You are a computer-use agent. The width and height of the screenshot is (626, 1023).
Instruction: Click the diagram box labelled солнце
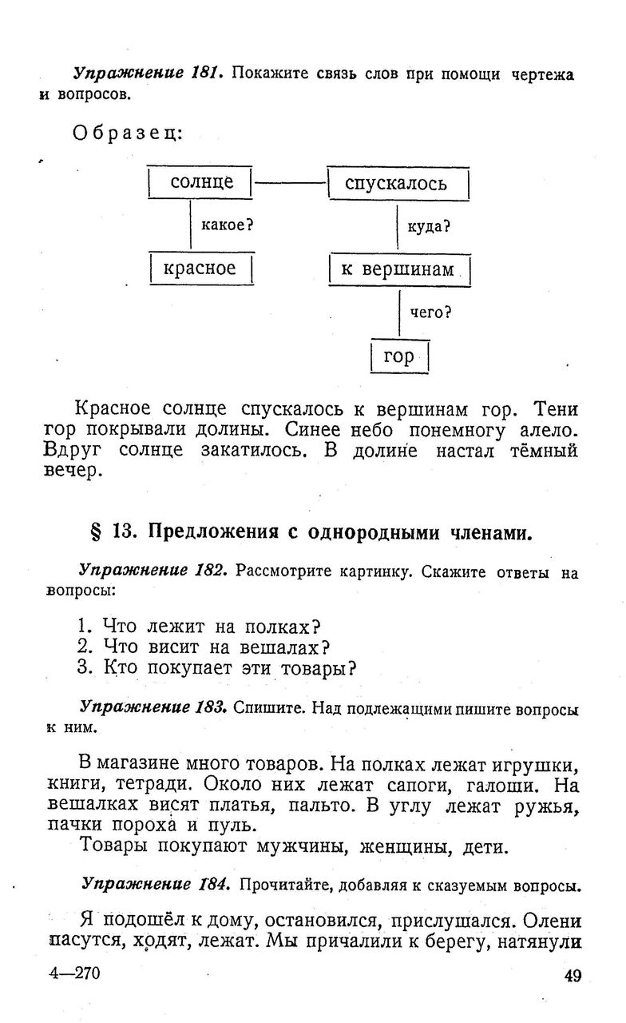point(201,183)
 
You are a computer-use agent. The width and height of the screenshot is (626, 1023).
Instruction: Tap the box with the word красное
point(200,269)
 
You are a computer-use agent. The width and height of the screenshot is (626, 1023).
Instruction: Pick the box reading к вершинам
point(399,269)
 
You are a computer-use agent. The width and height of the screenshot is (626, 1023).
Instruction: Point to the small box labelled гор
point(399,356)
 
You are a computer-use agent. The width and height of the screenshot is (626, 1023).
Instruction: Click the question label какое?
point(227,225)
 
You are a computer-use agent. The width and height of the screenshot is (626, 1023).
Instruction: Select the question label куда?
point(429,226)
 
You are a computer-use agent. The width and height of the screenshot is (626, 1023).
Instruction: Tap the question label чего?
point(431,312)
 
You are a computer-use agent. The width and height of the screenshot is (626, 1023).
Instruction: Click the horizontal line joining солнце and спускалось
point(290,184)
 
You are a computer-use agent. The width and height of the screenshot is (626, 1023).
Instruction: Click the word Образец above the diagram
point(128,133)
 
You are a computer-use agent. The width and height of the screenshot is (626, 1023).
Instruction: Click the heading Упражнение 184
point(155,885)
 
